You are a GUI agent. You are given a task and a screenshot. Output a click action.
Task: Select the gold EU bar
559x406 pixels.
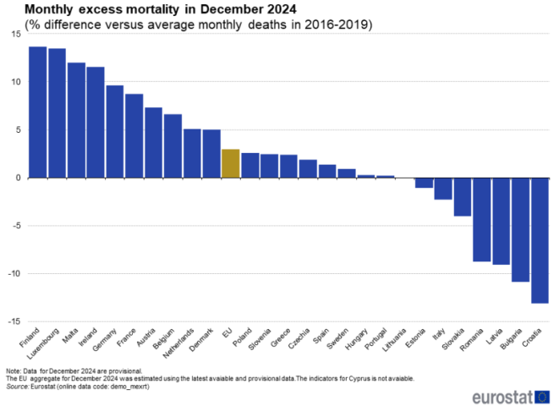tap(231, 163)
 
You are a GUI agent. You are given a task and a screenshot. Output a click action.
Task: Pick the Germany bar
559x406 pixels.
tap(115, 131)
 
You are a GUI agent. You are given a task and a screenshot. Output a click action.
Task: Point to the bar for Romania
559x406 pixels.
tap(482, 219)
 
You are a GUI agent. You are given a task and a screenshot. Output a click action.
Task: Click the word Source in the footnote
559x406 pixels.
tap(17, 386)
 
